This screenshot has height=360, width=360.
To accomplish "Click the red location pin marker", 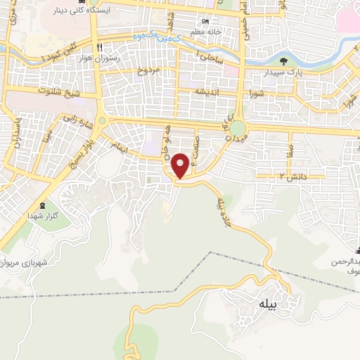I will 181,165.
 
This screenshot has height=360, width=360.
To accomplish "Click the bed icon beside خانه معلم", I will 205,22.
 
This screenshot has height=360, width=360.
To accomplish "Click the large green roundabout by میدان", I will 239,129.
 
